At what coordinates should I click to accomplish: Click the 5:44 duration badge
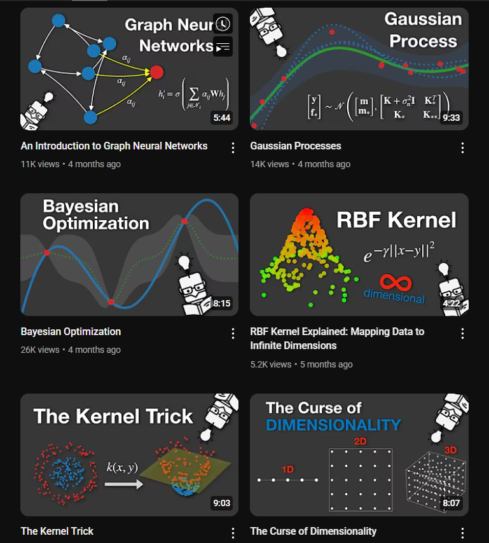pos(221,118)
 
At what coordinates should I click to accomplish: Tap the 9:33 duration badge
pos(451,118)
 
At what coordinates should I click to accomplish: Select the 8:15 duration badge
pos(221,303)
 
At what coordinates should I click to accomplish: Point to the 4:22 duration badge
pos(451,303)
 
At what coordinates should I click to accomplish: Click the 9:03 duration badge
pos(221,503)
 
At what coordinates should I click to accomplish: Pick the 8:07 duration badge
pos(451,503)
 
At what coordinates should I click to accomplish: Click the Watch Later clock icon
pos(223,24)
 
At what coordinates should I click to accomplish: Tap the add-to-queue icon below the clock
pos(223,46)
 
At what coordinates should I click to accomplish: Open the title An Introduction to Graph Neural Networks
pos(114,146)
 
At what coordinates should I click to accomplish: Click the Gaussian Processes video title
pos(296,146)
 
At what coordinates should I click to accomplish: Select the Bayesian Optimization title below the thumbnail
pos(71,332)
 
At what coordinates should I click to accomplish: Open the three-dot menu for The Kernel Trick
pos(233,533)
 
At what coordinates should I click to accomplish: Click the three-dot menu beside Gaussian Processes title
pos(462,148)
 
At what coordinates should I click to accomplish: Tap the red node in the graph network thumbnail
pos(157,72)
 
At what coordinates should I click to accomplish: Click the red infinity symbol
pos(394,282)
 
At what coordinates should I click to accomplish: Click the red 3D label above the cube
pos(450,450)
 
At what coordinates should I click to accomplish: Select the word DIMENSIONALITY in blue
pos(333,425)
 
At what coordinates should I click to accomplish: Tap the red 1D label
pos(287,469)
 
